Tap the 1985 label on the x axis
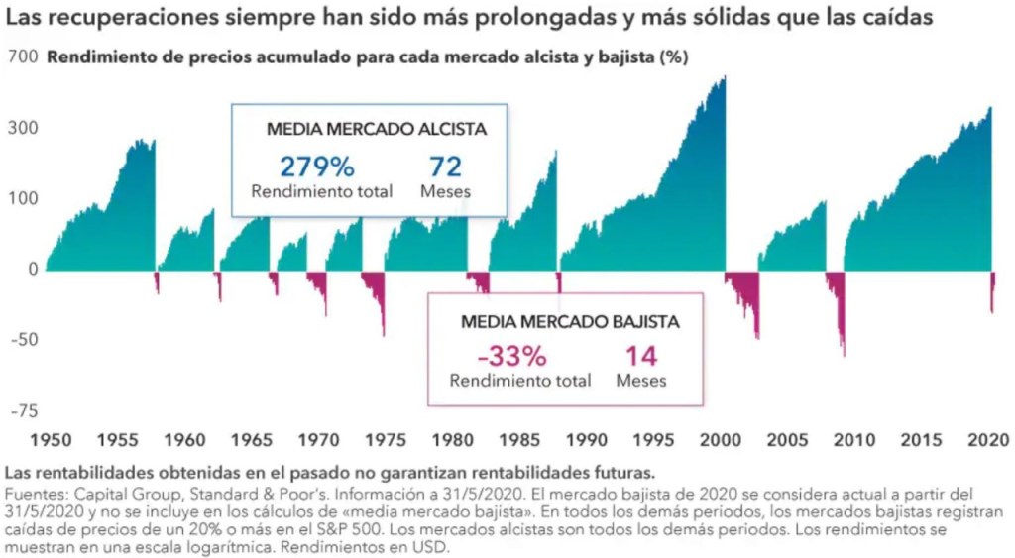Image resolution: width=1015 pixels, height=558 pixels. click(505, 438)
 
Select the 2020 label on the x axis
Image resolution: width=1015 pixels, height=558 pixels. click(989, 438)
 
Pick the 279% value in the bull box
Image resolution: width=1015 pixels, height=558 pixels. click(316, 167)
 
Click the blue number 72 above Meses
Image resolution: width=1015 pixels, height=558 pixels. click(445, 167)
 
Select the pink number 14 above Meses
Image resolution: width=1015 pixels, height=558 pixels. click(641, 356)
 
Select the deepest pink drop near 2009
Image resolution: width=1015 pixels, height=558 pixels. click(844, 337)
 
